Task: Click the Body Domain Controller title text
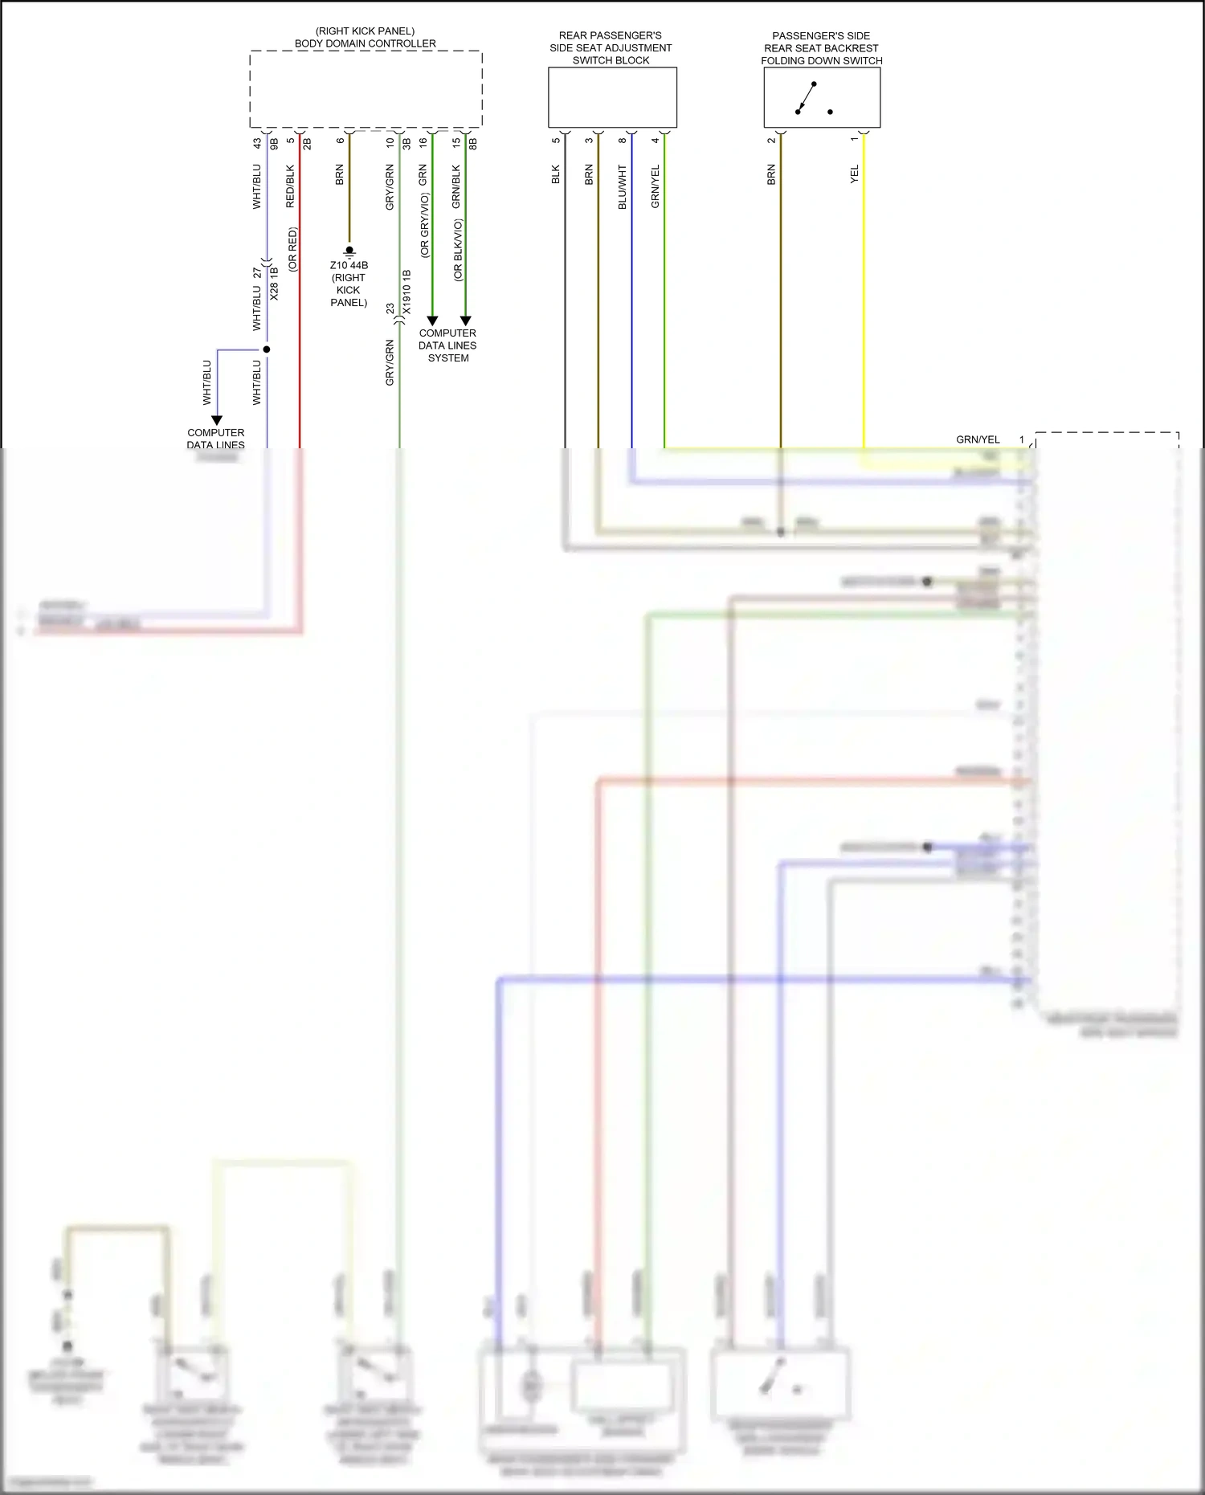tap(366, 43)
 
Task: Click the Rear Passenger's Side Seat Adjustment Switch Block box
tap(612, 97)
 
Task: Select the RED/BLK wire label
tap(290, 186)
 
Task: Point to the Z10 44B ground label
tap(349, 265)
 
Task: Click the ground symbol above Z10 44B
tap(349, 251)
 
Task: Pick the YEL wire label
tap(854, 174)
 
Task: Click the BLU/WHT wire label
tap(622, 187)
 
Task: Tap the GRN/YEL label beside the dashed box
tap(978, 439)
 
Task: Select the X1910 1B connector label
tap(406, 292)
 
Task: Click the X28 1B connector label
tap(274, 284)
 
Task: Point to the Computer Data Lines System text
tap(447, 345)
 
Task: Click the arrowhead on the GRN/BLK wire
tap(465, 321)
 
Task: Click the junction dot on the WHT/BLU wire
tap(267, 349)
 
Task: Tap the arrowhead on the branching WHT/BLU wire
tap(216, 420)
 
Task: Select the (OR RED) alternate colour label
tap(292, 250)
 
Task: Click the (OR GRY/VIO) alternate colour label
tap(424, 226)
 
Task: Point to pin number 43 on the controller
tap(257, 143)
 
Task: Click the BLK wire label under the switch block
tap(555, 175)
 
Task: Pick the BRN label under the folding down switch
tap(771, 175)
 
